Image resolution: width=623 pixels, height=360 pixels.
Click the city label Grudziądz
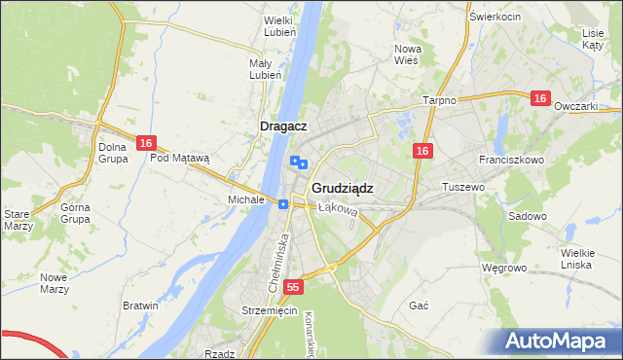(343, 188)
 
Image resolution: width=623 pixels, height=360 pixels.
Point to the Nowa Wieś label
(406, 54)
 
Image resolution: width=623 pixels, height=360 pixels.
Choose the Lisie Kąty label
(593, 39)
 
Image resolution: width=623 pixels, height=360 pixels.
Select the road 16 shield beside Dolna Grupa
(145, 143)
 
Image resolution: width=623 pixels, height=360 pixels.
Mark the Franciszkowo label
(510, 158)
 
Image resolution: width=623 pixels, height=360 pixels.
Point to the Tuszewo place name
(462, 186)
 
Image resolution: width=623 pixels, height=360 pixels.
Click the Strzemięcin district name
(269, 310)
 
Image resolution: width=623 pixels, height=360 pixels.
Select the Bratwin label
(140, 306)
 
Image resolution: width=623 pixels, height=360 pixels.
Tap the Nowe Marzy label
(54, 283)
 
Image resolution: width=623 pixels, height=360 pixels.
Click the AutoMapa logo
(561, 341)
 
